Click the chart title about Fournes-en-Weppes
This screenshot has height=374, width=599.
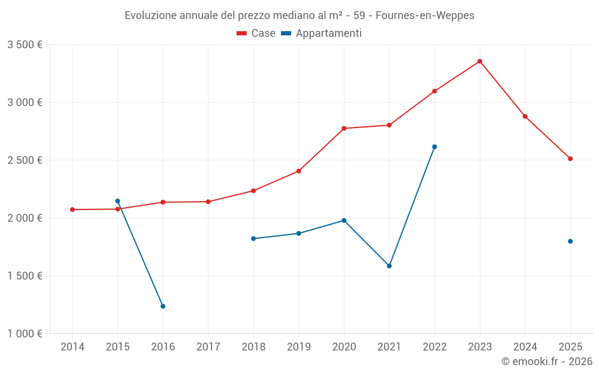[299, 16]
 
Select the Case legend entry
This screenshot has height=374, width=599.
[256, 34]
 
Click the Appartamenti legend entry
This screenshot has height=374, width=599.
[322, 34]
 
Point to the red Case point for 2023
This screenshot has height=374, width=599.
[480, 61]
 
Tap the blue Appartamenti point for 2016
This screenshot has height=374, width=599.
[163, 306]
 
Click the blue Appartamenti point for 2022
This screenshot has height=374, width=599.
[434, 147]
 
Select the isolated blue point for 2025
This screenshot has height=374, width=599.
[570, 241]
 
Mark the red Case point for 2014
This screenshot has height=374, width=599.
[72, 209]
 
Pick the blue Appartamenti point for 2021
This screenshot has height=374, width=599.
[389, 266]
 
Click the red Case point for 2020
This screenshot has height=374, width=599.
[344, 128]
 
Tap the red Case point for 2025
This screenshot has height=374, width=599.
[570, 159]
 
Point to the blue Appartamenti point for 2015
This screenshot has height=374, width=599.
[117, 201]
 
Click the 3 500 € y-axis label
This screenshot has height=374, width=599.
[25, 45]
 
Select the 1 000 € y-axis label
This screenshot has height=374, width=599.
[25, 334]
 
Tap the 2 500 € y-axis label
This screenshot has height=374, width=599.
[25, 160]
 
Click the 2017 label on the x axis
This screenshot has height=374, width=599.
[208, 346]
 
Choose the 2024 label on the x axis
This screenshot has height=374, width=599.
[525, 346]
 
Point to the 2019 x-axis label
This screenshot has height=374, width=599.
[298, 346]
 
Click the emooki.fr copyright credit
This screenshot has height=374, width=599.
[546, 361]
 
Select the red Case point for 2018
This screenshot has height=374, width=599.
[253, 190]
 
